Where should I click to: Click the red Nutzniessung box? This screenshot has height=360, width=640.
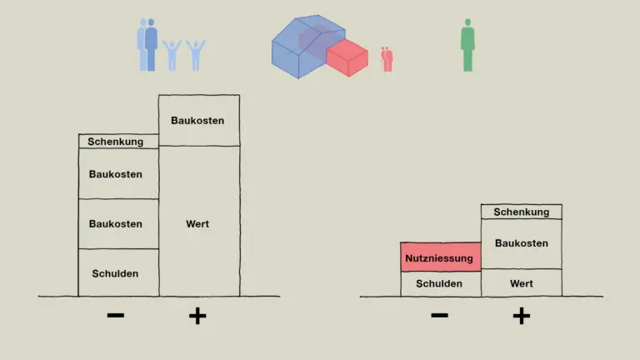(x=440, y=257)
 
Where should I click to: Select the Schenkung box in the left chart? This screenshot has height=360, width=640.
(x=118, y=141)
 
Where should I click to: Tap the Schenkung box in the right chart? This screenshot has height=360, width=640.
(x=521, y=212)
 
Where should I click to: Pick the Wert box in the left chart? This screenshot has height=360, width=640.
(x=199, y=221)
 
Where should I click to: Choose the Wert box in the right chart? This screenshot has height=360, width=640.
(x=521, y=282)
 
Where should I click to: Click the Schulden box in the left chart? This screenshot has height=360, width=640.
(x=118, y=272)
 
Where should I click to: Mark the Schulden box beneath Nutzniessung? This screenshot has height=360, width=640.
(x=440, y=284)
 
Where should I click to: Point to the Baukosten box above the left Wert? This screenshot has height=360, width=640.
(x=199, y=120)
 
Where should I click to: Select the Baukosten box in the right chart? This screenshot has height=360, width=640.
(x=521, y=243)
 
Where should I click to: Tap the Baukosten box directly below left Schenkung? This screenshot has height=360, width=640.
(x=118, y=174)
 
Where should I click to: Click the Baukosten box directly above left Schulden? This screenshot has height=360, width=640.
(x=118, y=223)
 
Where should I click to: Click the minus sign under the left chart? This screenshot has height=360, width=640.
(x=116, y=315)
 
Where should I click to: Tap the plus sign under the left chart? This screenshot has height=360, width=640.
(x=197, y=316)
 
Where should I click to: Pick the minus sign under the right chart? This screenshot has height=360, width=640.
(x=440, y=315)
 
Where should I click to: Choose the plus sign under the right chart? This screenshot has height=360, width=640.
(x=521, y=316)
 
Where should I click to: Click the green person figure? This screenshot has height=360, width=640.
(x=467, y=45)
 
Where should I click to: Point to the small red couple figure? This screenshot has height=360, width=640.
(x=387, y=59)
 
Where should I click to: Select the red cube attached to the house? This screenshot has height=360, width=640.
(x=347, y=57)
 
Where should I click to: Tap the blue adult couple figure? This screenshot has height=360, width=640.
(x=147, y=45)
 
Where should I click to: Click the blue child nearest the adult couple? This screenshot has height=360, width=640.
(x=172, y=56)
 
